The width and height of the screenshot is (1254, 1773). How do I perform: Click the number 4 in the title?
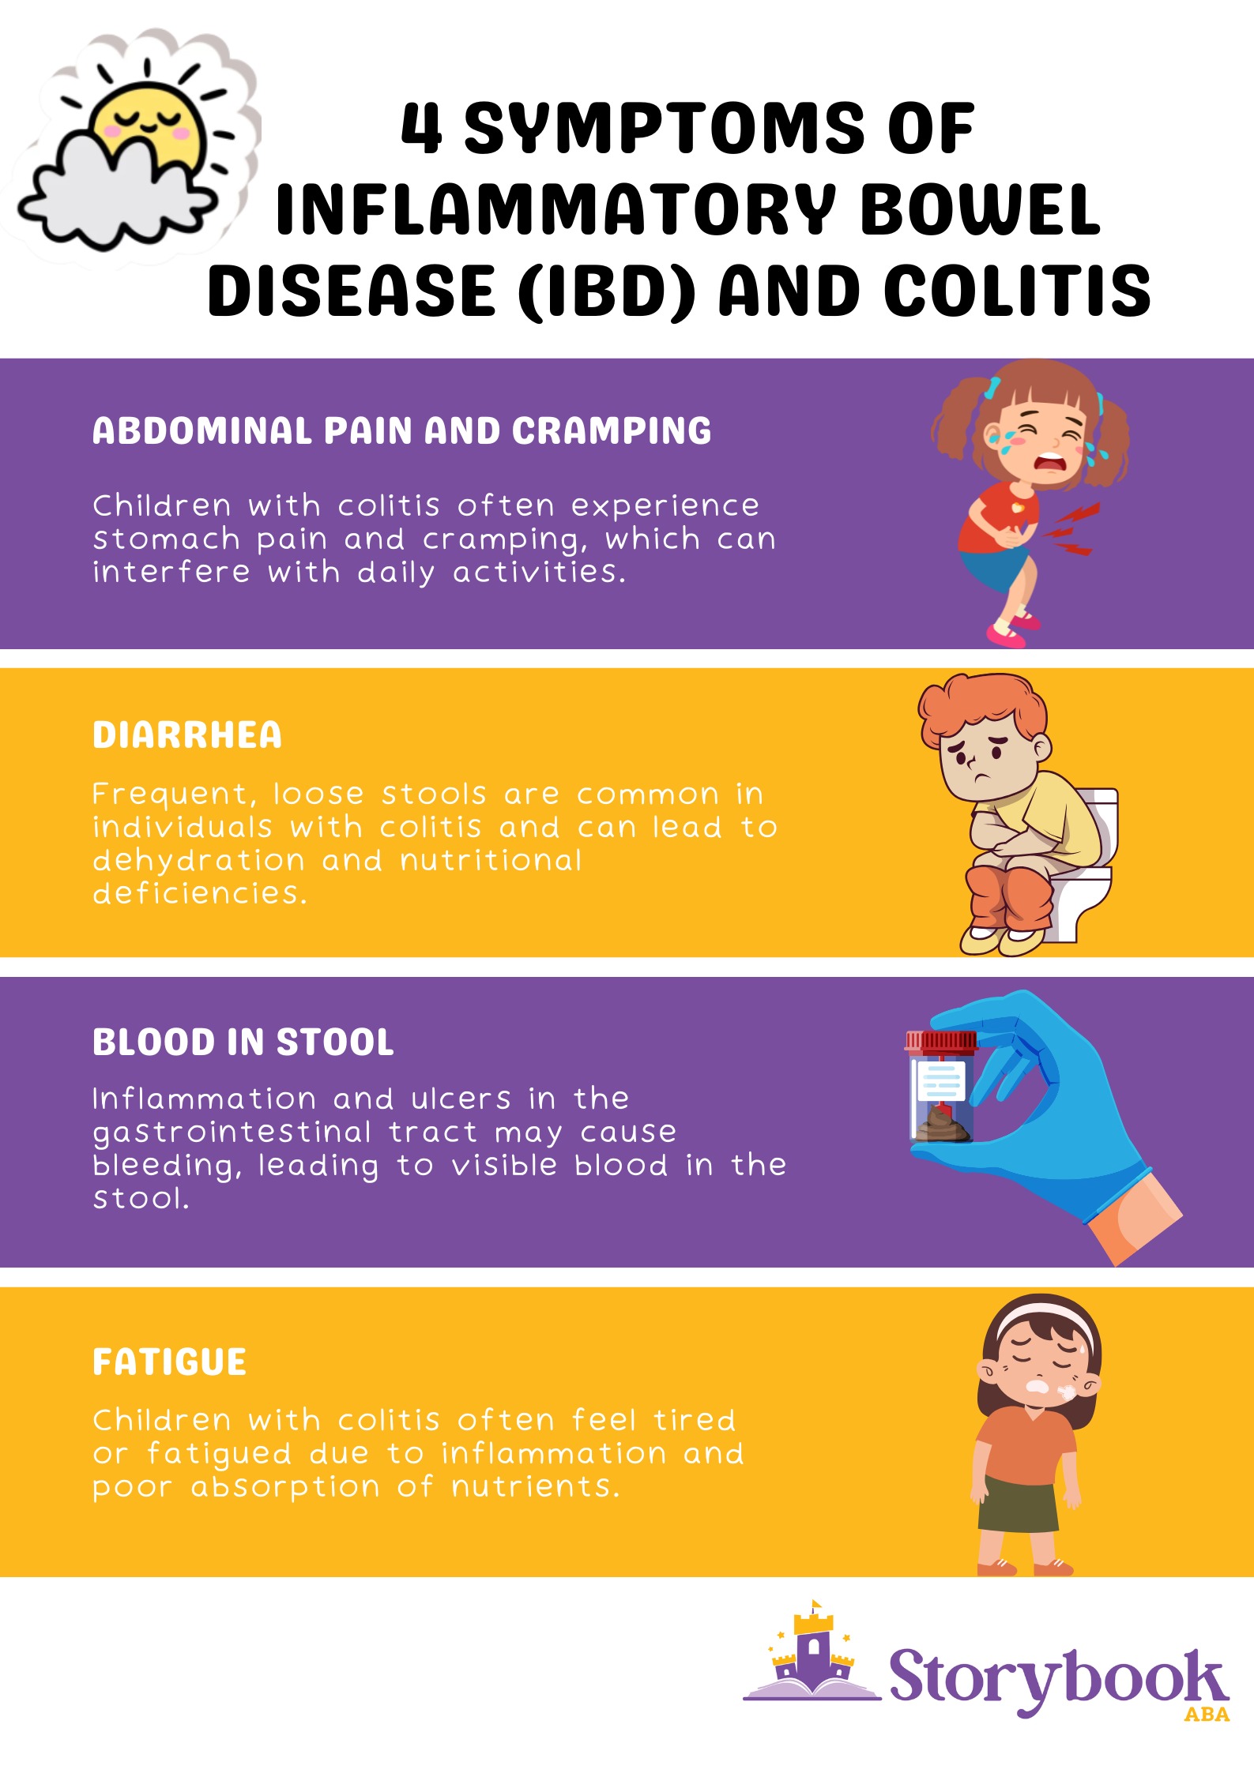tap(420, 128)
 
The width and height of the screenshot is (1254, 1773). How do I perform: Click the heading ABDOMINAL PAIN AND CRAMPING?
tap(401, 431)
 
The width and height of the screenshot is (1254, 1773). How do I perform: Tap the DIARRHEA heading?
tap(187, 735)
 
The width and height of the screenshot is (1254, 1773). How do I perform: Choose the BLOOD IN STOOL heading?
tap(243, 1042)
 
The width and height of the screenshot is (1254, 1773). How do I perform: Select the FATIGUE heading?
tap(170, 1362)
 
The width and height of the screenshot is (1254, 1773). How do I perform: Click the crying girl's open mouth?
tap(1051, 460)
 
